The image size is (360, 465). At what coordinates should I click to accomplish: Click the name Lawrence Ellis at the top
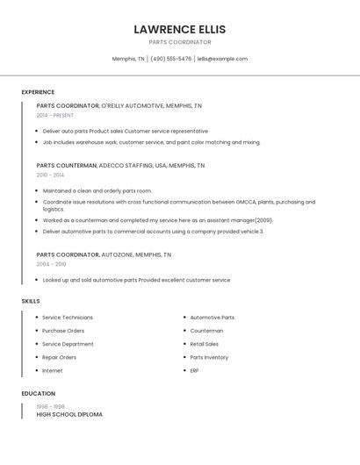click(179, 29)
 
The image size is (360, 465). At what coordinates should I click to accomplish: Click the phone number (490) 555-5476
click(170, 59)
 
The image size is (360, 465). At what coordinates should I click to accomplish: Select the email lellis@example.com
click(222, 59)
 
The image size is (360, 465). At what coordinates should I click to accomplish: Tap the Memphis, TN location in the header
click(128, 59)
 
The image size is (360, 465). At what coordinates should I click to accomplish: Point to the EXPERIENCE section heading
click(38, 92)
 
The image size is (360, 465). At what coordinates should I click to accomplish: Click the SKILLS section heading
click(31, 301)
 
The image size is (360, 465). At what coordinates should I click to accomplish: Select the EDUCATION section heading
click(39, 394)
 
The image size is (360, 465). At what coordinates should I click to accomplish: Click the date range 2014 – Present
click(55, 115)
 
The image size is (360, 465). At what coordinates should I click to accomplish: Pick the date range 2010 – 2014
click(50, 175)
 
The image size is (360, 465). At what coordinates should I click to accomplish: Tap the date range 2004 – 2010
click(51, 264)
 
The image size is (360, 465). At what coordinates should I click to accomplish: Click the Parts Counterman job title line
click(120, 165)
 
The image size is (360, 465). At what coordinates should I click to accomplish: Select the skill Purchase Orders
click(63, 331)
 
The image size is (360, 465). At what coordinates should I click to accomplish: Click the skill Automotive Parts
click(212, 318)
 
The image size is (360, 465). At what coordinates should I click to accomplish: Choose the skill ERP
click(194, 370)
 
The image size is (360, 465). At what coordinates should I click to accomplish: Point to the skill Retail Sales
click(205, 344)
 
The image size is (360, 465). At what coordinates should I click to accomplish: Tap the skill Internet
click(53, 370)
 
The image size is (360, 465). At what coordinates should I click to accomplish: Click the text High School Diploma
click(69, 414)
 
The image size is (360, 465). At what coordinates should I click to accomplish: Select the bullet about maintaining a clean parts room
click(97, 190)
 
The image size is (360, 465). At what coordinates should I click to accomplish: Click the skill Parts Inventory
click(209, 357)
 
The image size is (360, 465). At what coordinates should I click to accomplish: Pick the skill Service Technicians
click(68, 318)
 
